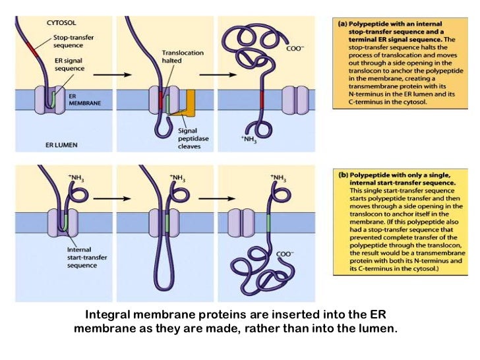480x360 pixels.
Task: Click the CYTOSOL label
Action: tap(61, 22)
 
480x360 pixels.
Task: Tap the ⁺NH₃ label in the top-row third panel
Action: tap(255, 138)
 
